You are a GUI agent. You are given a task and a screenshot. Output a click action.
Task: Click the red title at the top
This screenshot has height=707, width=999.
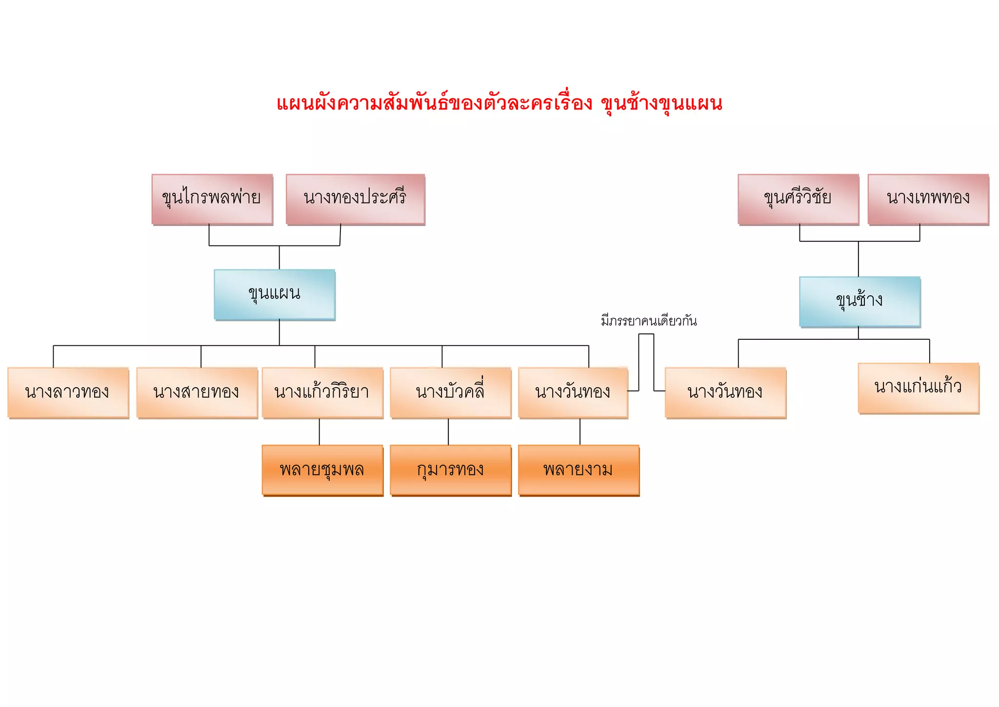[499, 104]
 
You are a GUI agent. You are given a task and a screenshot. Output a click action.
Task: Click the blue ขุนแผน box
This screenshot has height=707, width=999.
[275, 294]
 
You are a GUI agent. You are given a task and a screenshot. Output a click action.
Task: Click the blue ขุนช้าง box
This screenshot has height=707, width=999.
[859, 301]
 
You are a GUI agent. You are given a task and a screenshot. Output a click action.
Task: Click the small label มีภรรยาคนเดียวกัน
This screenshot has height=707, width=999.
[649, 321]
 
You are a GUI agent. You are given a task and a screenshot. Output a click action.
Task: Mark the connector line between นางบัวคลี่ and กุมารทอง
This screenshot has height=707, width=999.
[448, 432]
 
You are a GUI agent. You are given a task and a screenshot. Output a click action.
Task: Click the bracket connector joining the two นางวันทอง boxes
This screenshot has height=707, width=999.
[646, 334]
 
